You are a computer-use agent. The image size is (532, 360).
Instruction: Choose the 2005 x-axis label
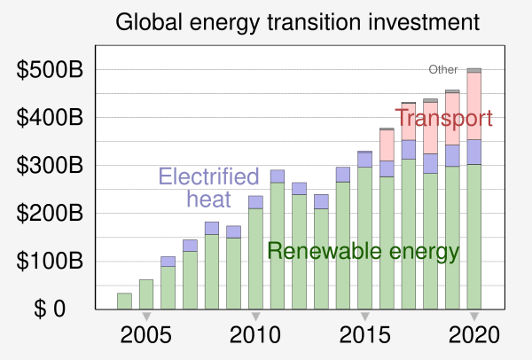pos(146,336)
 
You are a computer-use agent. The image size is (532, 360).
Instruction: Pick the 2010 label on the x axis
pos(255,336)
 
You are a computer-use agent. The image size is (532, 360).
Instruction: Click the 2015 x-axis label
pos(364,336)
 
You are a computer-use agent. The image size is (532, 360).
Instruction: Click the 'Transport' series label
pos(443,118)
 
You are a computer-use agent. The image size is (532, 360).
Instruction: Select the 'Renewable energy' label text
pos(364,251)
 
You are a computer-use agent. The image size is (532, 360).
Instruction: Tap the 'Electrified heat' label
pos(208,187)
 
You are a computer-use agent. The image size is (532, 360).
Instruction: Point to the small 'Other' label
pos(442,69)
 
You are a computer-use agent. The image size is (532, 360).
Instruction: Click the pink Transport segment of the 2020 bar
pos(474,106)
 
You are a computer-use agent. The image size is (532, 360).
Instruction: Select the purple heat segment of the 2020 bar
pos(474,152)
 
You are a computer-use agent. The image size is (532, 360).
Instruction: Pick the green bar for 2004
pos(124,301)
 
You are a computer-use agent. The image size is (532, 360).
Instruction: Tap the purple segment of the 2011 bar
pos(278,176)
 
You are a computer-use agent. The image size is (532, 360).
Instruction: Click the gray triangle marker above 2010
pos(255,317)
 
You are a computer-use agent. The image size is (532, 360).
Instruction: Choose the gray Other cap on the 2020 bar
pos(474,70)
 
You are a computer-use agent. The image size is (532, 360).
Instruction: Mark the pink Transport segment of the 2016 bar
pos(387,145)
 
